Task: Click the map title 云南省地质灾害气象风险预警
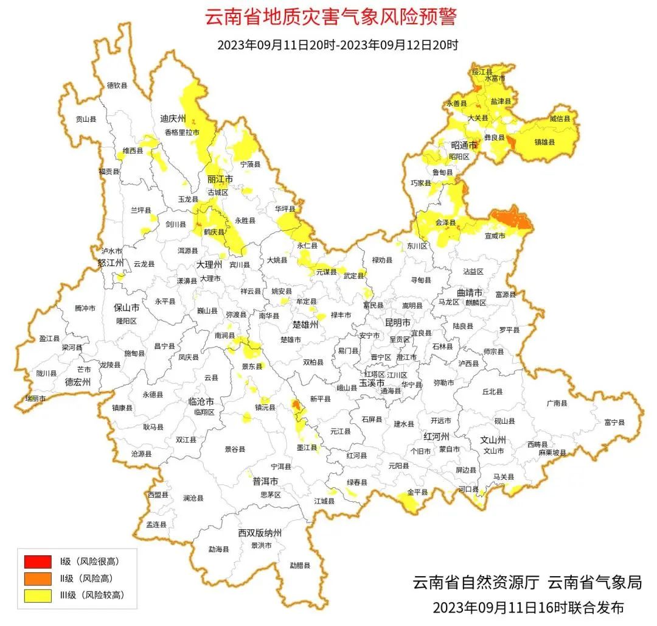tap(330, 17)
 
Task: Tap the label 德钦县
tap(117, 86)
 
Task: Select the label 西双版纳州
tap(260, 533)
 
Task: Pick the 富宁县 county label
tap(614, 421)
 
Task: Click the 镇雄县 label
tap(544, 142)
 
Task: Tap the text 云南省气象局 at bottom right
tap(595, 582)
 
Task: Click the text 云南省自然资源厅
tap(476, 582)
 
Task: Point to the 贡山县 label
tap(85, 120)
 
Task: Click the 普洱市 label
tap(265, 481)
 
